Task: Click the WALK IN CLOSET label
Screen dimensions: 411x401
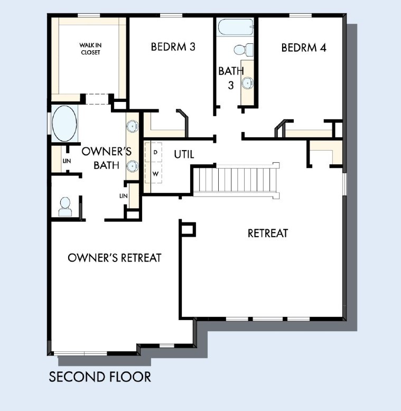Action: click(x=90, y=49)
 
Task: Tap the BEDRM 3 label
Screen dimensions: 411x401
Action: click(x=173, y=47)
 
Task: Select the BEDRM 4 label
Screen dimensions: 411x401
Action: click(x=303, y=48)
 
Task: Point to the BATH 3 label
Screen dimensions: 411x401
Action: click(x=231, y=77)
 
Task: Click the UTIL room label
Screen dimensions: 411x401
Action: click(x=184, y=155)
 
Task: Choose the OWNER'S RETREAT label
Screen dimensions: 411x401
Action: click(x=115, y=258)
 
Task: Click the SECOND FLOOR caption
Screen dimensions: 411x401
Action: click(x=100, y=377)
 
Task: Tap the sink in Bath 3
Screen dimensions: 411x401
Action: click(x=247, y=83)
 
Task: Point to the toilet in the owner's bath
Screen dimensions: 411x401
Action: click(x=65, y=206)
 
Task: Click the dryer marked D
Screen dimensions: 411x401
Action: click(x=155, y=152)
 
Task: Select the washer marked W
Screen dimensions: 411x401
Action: click(x=155, y=173)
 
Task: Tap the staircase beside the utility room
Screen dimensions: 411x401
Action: click(x=235, y=180)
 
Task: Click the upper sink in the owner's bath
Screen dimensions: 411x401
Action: click(x=132, y=126)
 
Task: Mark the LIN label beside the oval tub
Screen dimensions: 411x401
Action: click(x=66, y=160)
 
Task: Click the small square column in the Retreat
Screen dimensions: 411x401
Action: click(x=188, y=229)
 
